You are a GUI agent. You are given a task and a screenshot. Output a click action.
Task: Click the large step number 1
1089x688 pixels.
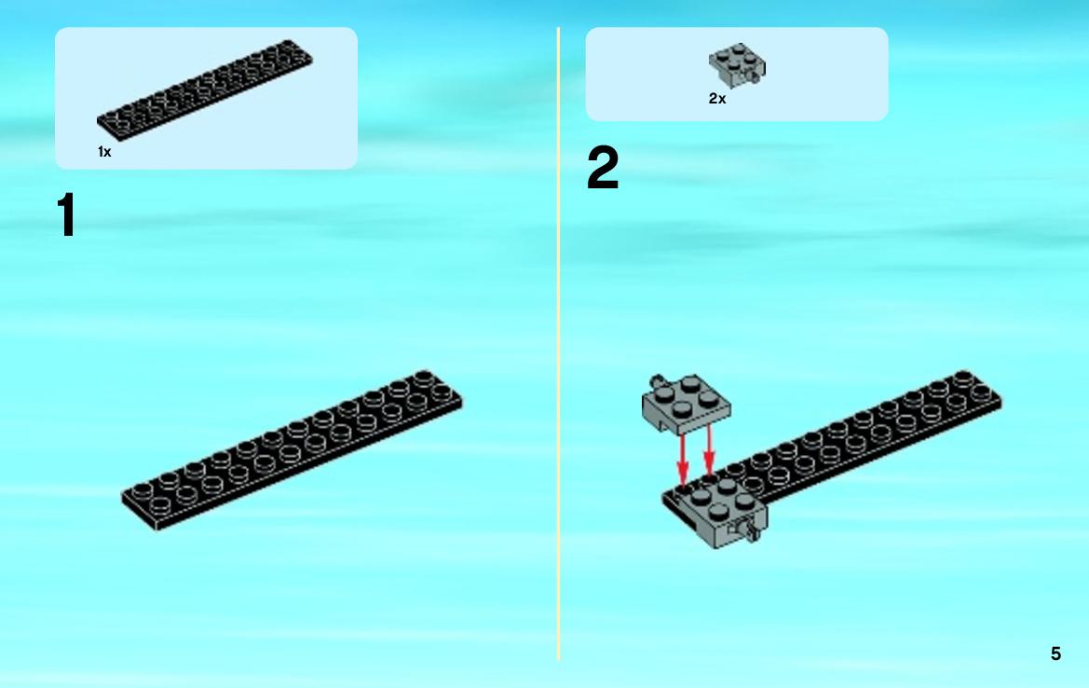67,214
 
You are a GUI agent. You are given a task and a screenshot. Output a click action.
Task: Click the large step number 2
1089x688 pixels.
602,168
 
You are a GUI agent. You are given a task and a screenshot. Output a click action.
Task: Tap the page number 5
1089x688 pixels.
1055,654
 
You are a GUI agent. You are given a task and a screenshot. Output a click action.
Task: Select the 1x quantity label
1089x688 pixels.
104,152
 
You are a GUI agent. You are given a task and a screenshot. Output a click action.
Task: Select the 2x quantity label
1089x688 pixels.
717,99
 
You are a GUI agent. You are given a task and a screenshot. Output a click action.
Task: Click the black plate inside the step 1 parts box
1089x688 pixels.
205,89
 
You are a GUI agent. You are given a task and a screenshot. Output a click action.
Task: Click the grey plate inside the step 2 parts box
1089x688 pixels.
737,64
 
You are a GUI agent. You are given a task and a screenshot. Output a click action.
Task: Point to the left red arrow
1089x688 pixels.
683,460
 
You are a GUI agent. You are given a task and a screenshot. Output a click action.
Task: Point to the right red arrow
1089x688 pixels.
708,449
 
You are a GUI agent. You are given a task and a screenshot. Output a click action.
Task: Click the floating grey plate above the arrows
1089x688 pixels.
686,406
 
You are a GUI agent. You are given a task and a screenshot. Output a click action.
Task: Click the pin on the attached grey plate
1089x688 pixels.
751,531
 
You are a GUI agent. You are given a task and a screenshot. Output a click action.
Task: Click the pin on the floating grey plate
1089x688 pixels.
657,381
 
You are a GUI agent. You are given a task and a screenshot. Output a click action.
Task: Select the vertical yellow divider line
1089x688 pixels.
558,344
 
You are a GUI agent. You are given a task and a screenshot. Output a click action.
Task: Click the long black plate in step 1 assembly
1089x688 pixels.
292,449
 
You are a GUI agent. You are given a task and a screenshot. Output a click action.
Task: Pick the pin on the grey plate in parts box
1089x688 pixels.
755,80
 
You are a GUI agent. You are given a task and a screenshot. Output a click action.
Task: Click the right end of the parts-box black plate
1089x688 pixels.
312,60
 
